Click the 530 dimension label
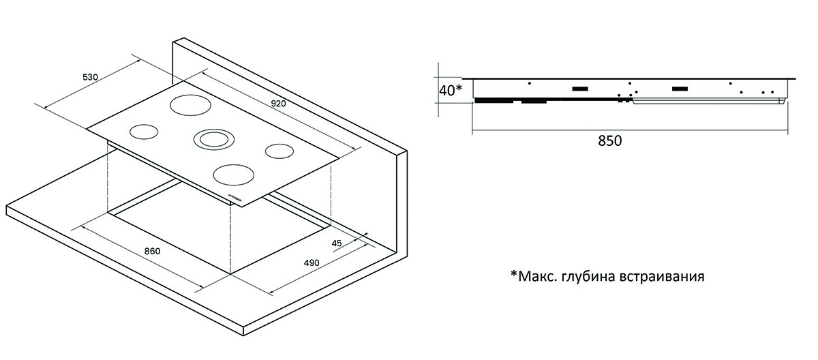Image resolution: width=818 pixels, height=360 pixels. point(91,77)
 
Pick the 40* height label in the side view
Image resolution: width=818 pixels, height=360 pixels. point(450,89)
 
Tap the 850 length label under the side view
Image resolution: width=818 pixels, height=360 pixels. point(610,141)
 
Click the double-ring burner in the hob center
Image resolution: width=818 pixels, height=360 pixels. point(213,139)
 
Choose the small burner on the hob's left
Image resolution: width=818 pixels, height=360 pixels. point(143,131)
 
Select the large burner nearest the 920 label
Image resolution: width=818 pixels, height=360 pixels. point(188,106)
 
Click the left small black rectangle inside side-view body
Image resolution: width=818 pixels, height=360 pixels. point(580,89)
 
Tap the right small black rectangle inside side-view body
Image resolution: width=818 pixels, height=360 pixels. point(680,89)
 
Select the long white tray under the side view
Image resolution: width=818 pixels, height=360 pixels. point(709,102)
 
